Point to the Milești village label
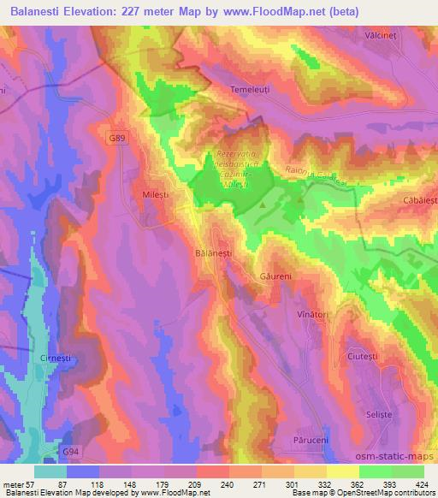coord(155,196)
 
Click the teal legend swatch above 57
coord(50,471)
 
